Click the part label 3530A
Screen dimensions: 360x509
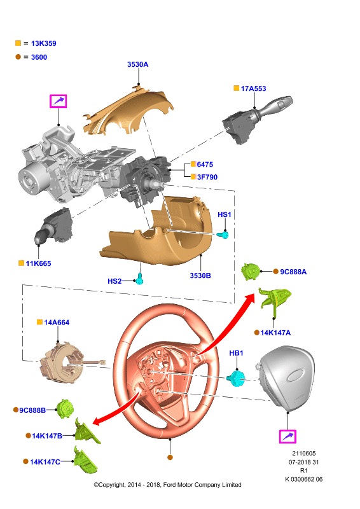coord(137,64)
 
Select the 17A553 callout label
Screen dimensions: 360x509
coord(253,88)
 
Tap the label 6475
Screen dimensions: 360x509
coord(205,164)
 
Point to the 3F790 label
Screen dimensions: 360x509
coord(207,177)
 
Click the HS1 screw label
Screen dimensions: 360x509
coord(225,214)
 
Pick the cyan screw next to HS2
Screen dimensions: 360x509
coord(139,279)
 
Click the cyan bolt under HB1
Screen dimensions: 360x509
coord(237,378)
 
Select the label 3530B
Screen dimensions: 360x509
coord(200,275)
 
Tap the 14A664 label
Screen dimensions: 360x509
coord(57,323)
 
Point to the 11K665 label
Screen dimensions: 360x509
coord(38,263)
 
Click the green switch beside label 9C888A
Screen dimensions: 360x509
coord(251,272)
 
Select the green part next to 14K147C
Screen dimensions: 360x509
coord(85,461)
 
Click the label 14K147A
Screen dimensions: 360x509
coord(275,333)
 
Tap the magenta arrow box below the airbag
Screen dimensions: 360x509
coord(287,436)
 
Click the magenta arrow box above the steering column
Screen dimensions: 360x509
coord(58,101)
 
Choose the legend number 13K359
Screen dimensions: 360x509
coord(43,43)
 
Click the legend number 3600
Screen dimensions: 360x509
coord(39,57)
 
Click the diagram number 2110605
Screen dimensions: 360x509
coord(304,453)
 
